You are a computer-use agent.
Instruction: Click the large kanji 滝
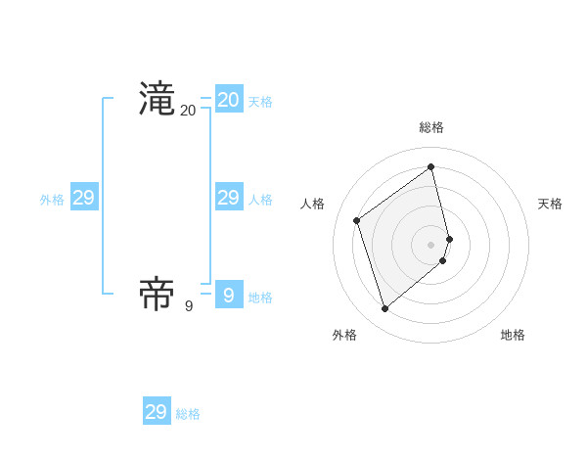coord(157,100)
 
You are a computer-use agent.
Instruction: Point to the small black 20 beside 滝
coord(188,111)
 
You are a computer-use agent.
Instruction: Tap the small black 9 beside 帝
coord(189,305)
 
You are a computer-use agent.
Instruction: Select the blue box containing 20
coord(229,100)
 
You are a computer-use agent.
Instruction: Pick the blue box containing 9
coord(229,294)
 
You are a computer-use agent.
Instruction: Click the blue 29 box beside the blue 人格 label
coord(229,198)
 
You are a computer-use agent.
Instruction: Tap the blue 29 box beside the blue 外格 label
coord(84,198)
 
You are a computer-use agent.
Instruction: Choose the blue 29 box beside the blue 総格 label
coord(157,412)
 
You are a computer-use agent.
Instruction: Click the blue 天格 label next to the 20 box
coord(260,102)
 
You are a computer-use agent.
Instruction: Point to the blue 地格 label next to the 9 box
coord(260,298)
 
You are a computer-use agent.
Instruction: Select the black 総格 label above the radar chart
coord(431,127)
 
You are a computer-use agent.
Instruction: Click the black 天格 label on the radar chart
coord(550,204)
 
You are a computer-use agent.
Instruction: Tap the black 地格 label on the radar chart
coord(513,335)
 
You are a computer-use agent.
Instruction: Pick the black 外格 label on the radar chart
coord(344,335)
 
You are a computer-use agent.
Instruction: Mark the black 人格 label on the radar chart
coord(312,204)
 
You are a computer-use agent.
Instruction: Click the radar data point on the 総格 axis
coord(431,166)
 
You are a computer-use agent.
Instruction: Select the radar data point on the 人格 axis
coord(357,220)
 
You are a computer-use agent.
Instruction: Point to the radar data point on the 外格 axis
coord(385,309)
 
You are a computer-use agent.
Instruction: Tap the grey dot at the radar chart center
coord(431,244)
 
